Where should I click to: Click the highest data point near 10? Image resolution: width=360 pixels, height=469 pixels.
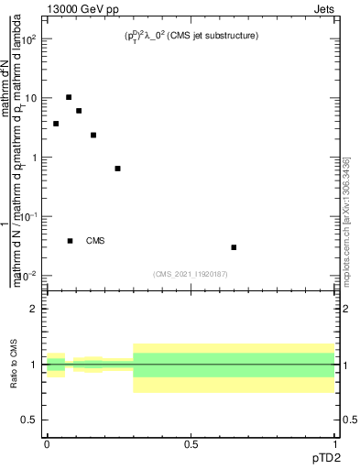click(69, 97)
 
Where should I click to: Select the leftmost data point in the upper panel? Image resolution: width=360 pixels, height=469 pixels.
click(56, 124)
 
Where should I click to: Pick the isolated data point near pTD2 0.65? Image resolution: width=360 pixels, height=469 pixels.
click(234, 247)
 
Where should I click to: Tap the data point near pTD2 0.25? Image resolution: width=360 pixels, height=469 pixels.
click(117, 169)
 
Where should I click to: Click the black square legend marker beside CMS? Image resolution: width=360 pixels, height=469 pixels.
click(70, 241)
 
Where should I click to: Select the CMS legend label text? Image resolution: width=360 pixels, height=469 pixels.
click(95, 241)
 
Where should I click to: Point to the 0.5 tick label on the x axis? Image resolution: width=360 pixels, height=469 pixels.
click(191, 443)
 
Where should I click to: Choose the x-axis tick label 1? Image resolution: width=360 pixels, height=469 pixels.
click(334, 443)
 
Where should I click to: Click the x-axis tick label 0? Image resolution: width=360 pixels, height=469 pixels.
click(47, 443)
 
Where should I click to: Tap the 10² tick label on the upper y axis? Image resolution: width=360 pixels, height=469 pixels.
click(30, 39)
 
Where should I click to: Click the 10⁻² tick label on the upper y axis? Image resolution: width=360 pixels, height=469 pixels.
click(30, 276)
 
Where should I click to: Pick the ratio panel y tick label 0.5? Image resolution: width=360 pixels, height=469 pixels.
click(30, 420)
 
